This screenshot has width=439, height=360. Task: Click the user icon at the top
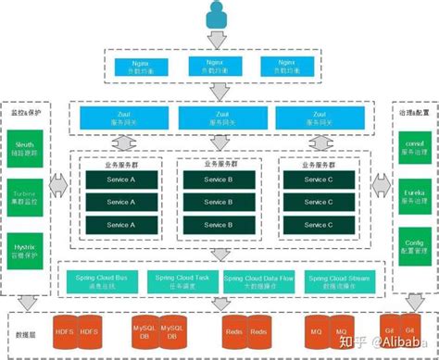219,14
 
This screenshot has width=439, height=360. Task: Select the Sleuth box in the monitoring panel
25,149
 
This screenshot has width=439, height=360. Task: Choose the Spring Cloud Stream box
341,281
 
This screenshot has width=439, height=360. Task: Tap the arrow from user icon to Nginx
219,38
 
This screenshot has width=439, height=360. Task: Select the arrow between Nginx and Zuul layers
219,91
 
